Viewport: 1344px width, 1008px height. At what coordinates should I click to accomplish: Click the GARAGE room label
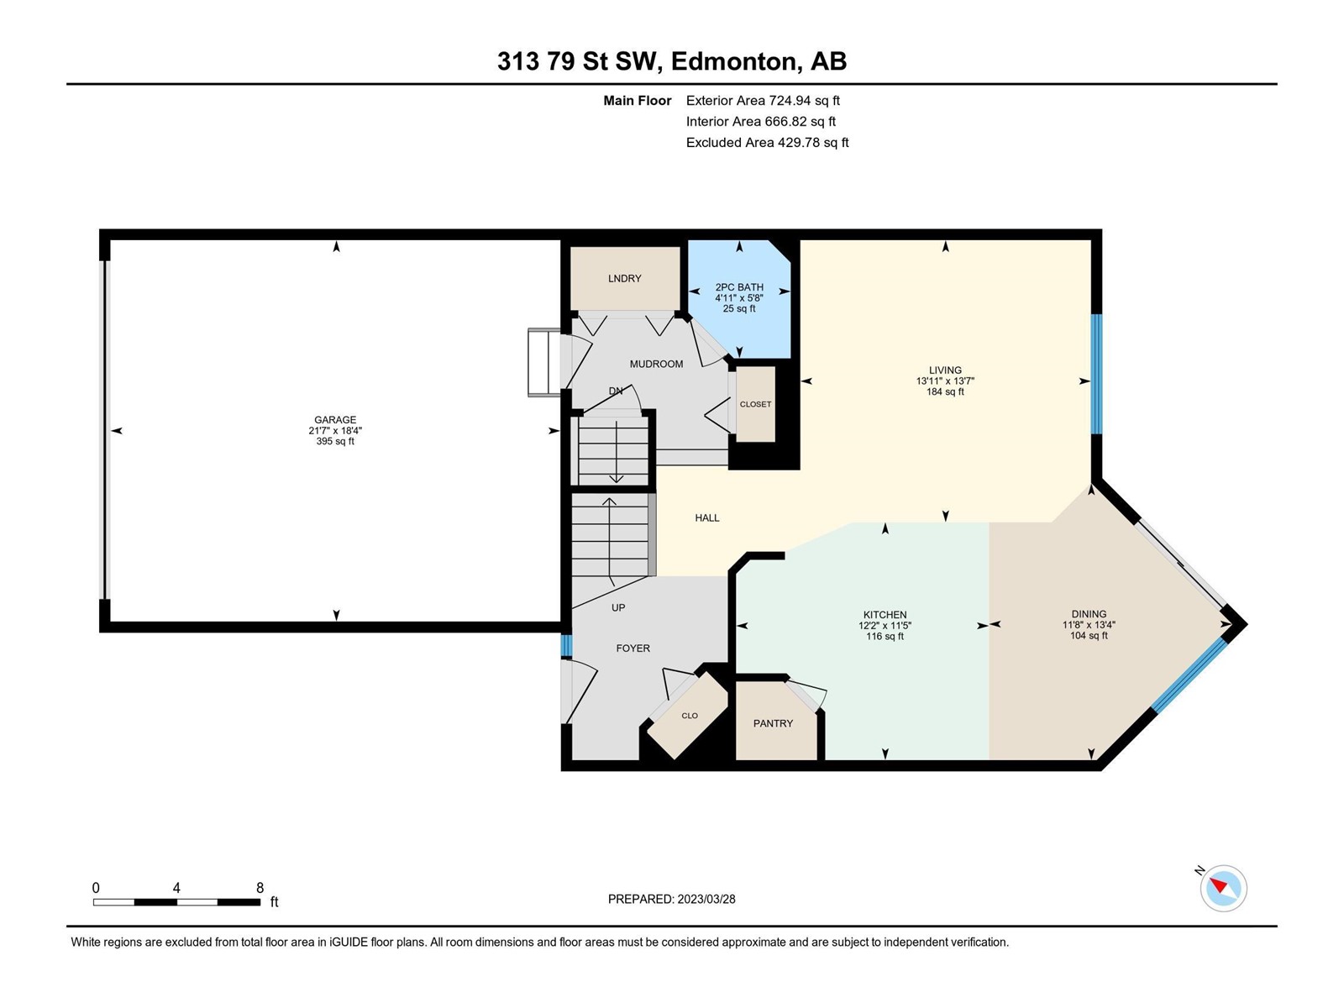pos(335,420)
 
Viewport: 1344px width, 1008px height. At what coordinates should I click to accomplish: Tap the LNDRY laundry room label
pos(625,279)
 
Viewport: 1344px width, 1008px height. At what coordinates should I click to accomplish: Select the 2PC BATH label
pos(739,287)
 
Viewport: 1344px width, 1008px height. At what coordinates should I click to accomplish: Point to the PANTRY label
pos(773,723)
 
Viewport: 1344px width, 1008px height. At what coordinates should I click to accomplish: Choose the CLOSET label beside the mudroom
pos(755,404)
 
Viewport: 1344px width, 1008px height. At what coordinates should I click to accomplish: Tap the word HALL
pos(706,517)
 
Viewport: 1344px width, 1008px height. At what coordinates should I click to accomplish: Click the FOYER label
pos(633,648)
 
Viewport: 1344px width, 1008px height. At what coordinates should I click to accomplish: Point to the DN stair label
pos(616,391)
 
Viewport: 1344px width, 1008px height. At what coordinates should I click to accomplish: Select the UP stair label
pos(618,607)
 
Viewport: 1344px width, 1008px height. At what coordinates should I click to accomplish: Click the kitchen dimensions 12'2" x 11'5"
pos(885,626)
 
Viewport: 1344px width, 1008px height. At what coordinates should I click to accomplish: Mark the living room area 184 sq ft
pos(945,391)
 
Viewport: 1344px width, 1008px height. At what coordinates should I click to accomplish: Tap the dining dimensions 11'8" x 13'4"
pos(1089,625)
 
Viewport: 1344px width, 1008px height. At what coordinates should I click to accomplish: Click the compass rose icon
pos(1223,888)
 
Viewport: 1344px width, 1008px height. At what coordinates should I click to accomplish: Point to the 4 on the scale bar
pos(176,888)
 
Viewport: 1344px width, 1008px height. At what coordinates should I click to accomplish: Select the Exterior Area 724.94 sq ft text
pos(763,100)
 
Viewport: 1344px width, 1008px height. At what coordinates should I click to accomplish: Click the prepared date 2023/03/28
pos(706,899)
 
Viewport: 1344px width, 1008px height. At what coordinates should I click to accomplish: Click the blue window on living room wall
pos(1097,374)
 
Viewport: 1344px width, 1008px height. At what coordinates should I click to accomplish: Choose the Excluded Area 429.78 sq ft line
pos(767,143)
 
